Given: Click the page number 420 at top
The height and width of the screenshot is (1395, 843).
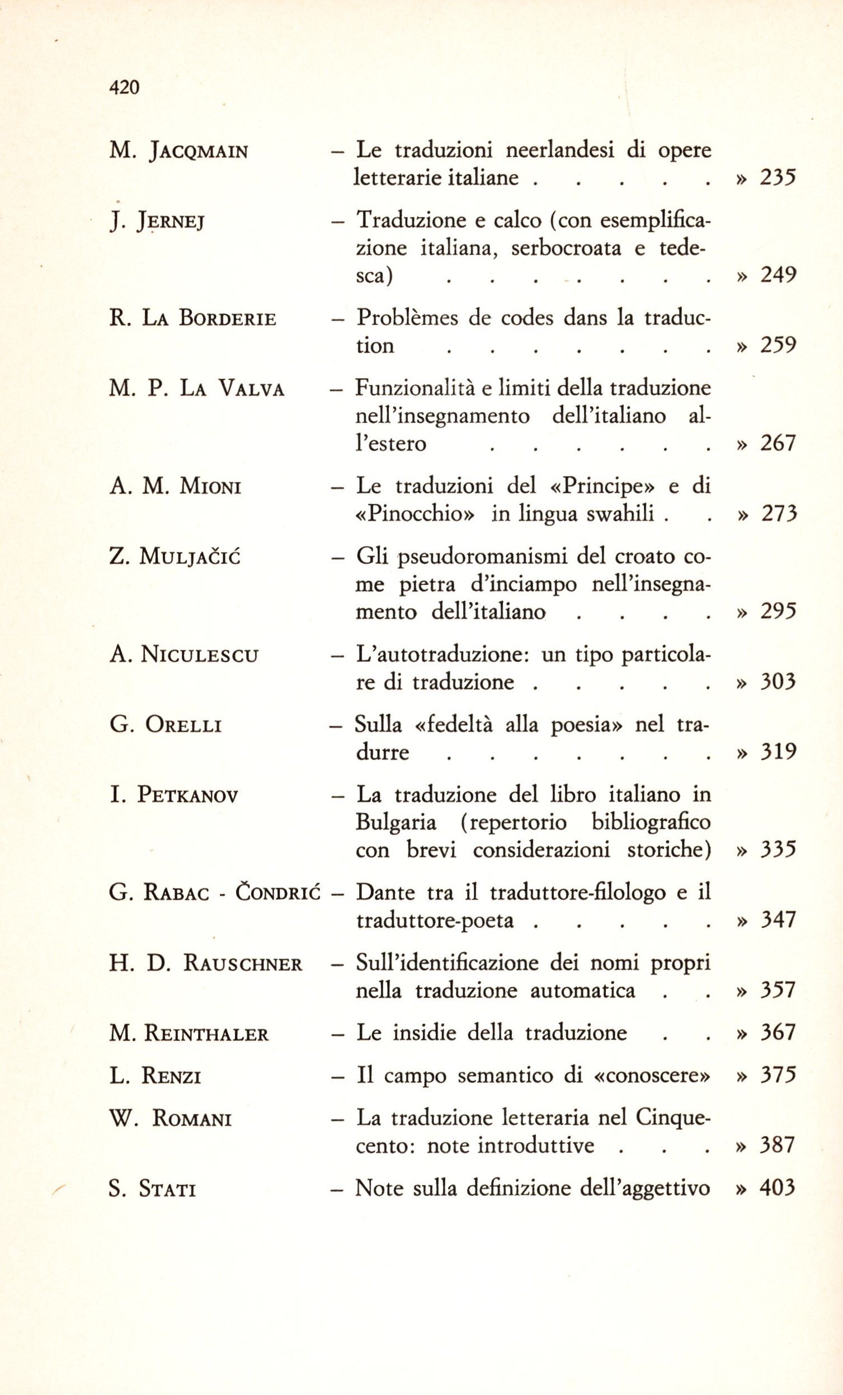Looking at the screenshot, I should (x=124, y=87).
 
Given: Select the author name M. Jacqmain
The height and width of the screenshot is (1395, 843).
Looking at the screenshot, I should (x=178, y=152).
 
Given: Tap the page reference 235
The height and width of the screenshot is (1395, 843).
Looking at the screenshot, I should (x=778, y=178).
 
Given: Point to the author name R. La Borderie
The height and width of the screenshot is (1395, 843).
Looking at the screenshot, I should (x=192, y=319).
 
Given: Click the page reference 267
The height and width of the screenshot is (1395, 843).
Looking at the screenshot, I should (x=778, y=443).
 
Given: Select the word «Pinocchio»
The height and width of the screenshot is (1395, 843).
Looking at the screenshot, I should (x=415, y=513).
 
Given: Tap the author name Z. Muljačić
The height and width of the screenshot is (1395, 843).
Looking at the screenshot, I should (x=175, y=557).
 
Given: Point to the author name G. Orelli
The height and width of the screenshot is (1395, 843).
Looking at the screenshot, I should (x=166, y=725).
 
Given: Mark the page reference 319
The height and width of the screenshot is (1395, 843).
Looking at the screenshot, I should (x=778, y=752).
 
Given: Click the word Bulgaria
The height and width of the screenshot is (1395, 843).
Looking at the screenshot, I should (x=395, y=822).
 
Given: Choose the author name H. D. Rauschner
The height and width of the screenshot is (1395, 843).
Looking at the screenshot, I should (x=205, y=963).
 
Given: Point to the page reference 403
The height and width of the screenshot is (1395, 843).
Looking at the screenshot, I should (x=778, y=1187).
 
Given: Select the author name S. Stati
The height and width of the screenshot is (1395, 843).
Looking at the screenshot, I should (x=152, y=1189).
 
